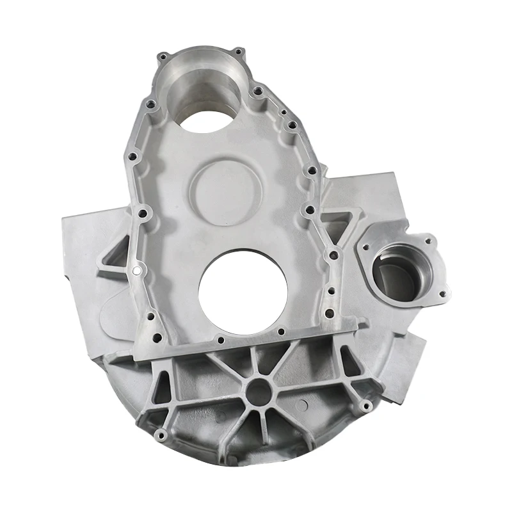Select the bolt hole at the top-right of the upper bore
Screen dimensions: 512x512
coord(238,51)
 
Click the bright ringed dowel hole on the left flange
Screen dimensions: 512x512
coord(136,271)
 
